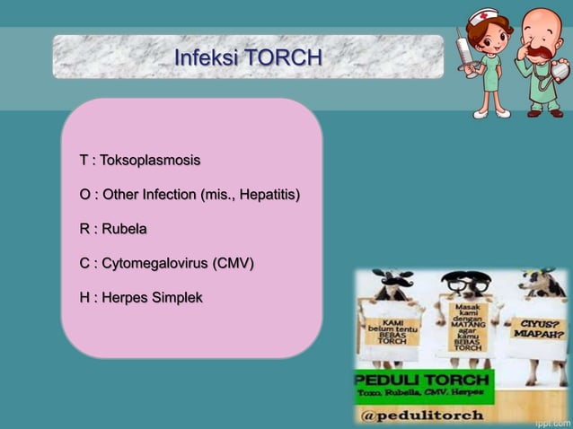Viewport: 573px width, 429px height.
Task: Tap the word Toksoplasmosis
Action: click(x=150, y=162)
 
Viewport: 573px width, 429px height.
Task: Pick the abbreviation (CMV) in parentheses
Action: click(x=233, y=264)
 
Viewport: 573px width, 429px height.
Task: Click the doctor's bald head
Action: click(x=542, y=22)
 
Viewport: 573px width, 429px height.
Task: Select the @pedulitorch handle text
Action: click(x=422, y=415)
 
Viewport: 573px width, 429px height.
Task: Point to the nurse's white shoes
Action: click(x=491, y=114)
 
